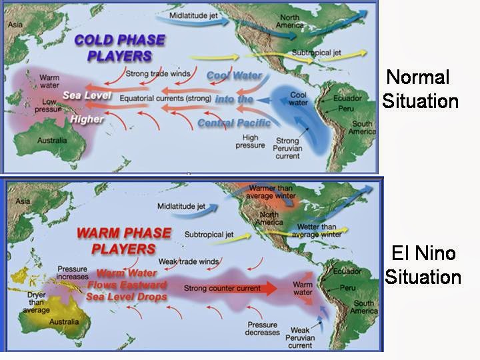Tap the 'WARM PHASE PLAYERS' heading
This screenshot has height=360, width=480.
tap(124, 241)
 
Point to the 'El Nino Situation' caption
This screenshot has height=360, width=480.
tap(422, 264)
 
